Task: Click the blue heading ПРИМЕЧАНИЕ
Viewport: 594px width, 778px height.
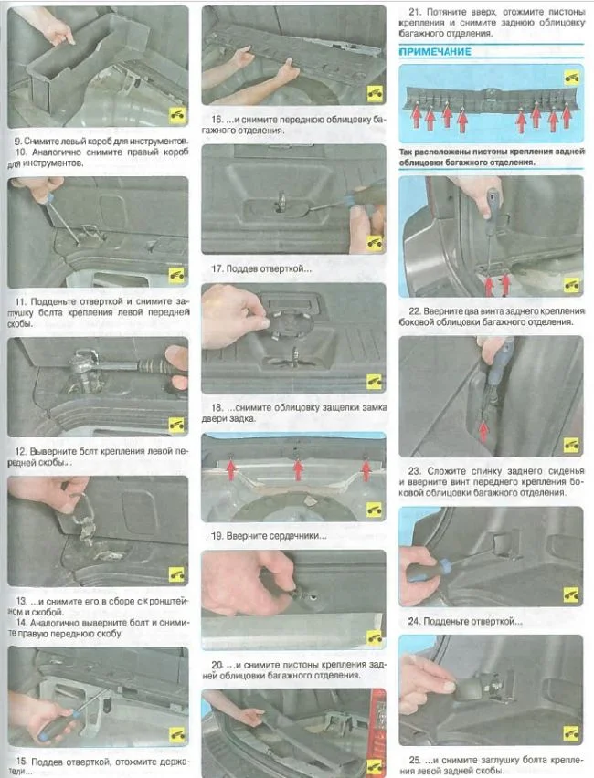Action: coord(435,52)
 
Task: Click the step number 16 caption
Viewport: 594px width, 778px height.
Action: coord(217,120)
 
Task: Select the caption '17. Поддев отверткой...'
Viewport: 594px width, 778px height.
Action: coord(261,268)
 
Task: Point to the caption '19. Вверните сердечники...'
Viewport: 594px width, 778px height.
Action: coord(269,536)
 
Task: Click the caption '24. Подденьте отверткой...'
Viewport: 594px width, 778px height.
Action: coord(465,621)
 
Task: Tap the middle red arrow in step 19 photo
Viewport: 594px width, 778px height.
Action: coord(298,470)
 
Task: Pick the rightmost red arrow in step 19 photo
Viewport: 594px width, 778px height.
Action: coord(366,470)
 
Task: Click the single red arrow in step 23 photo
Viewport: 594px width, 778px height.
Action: coord(483,431)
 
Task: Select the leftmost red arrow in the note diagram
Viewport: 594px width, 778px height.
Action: coord(416,117)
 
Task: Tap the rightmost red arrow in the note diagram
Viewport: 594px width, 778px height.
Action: coord(567,115)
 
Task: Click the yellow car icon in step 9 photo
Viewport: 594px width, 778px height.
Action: coord(177,115)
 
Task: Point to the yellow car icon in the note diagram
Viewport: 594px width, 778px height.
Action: coord(572,78)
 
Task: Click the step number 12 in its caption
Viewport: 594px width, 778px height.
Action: coord(20,451)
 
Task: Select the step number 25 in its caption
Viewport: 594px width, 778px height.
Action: coord(415,760)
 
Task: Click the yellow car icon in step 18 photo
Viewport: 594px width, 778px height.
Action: coord(374,381)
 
